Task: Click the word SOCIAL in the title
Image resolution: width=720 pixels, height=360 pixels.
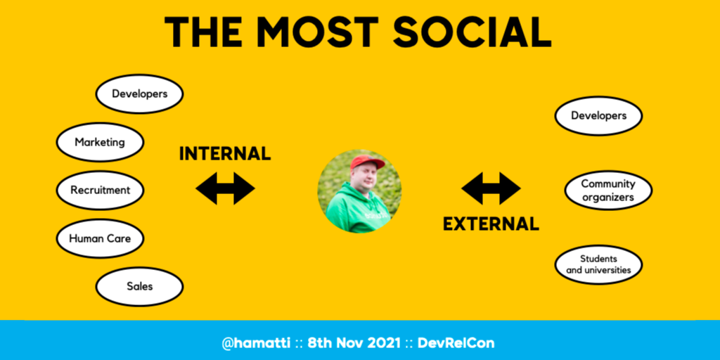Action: click(472, 32)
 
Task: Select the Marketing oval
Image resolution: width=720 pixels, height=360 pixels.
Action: click(100, 142)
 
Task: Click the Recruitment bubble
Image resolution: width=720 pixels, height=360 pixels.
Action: click(100, 190)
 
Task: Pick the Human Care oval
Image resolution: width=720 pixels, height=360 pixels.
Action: click(100, 238)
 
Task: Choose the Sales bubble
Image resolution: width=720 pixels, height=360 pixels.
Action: click(140, 287)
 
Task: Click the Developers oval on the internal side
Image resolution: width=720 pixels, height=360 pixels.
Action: click(140, 94)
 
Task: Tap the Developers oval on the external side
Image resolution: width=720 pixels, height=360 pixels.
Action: click(599, 116)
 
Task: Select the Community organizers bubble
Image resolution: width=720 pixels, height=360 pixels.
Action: click(608, 190)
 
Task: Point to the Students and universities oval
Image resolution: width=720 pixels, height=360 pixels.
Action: click(599, 264)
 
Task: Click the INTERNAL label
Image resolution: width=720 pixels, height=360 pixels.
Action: click(225, 154)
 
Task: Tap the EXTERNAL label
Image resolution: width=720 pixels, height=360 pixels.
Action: click(491, 224)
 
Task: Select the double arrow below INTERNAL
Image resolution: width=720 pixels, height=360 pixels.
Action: click(225, 188)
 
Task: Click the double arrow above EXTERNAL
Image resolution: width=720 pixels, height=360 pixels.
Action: click(491, 188)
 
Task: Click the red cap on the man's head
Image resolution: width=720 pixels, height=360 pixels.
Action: click(366, 162)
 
